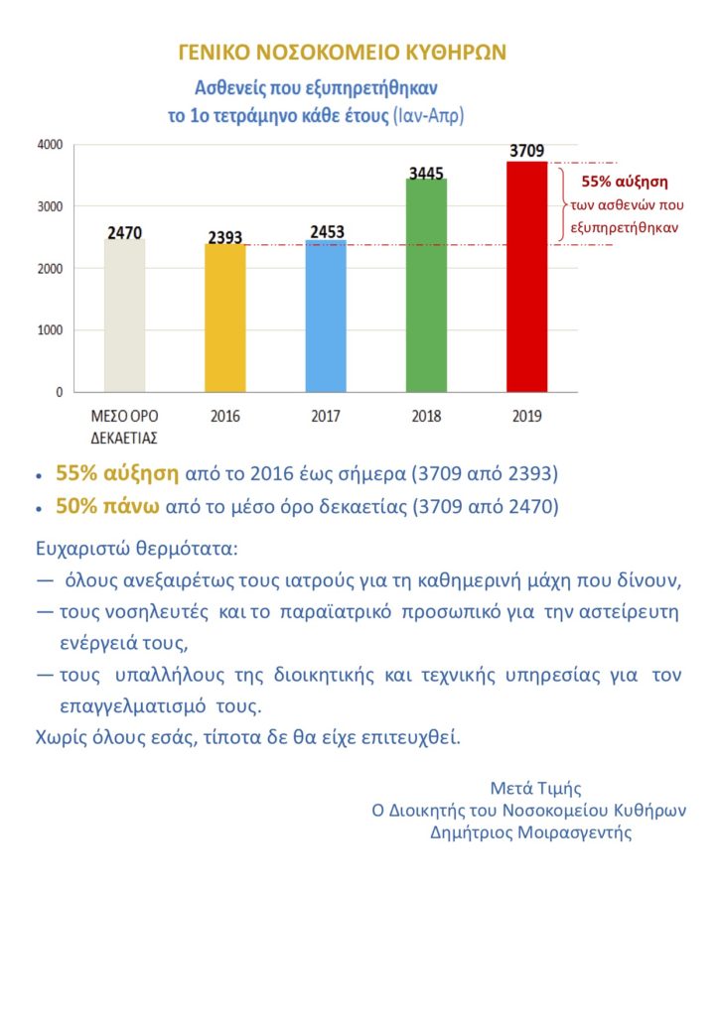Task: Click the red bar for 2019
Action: point(526,277)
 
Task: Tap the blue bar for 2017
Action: point(325,317)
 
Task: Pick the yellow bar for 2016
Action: point(225,318)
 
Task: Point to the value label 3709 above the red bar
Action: point(526,152)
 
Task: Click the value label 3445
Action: point(425,173)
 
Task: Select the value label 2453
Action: point(326,232)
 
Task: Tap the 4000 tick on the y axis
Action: point(50,145)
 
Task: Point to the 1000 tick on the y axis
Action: point(50,330)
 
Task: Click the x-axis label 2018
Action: point(426,417)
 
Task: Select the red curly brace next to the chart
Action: point(563,203)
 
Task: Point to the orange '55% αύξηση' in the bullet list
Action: point(117,472)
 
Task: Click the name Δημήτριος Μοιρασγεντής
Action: point(531,832)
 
